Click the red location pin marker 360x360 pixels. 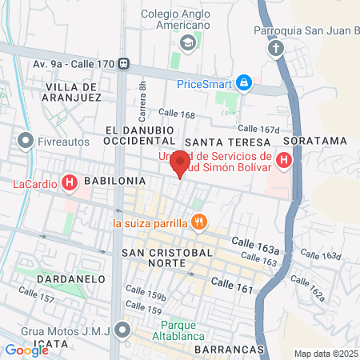pyautogui.click(x=180, y=162)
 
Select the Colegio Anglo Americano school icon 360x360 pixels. pyautogui.click(x=188, y=42)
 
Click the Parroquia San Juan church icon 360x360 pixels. pyautogui.click(x=276, y=49)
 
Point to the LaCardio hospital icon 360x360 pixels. pyautogui.click(x=70, y=183)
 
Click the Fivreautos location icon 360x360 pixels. pyautogui.click(x=26, y=141)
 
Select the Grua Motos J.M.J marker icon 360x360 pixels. pyautogui.click(x=122, y=329)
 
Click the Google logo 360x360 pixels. pyautogui.click(x=26, y=350)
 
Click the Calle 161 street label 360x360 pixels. pyautogui.click(x=233, y=286)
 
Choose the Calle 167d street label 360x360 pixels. pyautogui.click(x=259, y=128)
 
